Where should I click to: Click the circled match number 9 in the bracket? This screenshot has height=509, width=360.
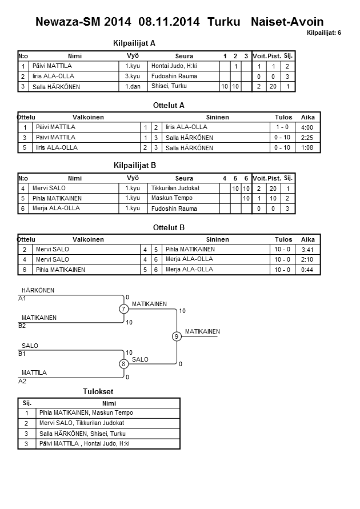[x=177, y=336]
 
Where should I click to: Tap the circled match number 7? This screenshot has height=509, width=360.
[x=123, y=309]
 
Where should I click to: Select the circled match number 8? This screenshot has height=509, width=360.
[x=123, y=364]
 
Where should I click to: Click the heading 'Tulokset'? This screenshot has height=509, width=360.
[x=99, y=392]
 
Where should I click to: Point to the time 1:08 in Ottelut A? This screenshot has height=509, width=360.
[x=306, y=147]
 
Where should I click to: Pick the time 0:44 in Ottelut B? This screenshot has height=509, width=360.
[x=307, y=269]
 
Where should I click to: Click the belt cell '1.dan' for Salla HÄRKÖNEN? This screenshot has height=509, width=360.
[x=133, y=86]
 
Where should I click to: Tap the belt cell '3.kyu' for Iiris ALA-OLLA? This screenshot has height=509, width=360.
[x=133, y=76]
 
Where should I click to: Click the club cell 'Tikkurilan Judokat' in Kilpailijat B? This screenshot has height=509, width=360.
[x=175, y=188]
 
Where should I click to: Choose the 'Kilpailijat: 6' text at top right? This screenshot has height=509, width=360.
[x=323, y=33]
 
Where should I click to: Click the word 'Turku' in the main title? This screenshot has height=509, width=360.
[x=224, y=22]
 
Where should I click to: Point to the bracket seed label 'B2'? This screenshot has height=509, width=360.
[x=23, y=326]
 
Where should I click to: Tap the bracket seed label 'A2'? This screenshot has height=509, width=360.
[x=23, y=380]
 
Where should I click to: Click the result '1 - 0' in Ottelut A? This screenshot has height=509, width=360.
[x=282, y=127]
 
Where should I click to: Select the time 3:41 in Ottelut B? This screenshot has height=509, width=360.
[x=307, y=249]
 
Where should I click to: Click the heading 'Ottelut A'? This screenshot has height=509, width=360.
[x=169, y=106]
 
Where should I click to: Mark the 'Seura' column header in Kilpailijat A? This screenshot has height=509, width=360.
[x=184, y=56]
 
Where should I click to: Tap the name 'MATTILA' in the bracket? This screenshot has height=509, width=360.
[x=34, y=372]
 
